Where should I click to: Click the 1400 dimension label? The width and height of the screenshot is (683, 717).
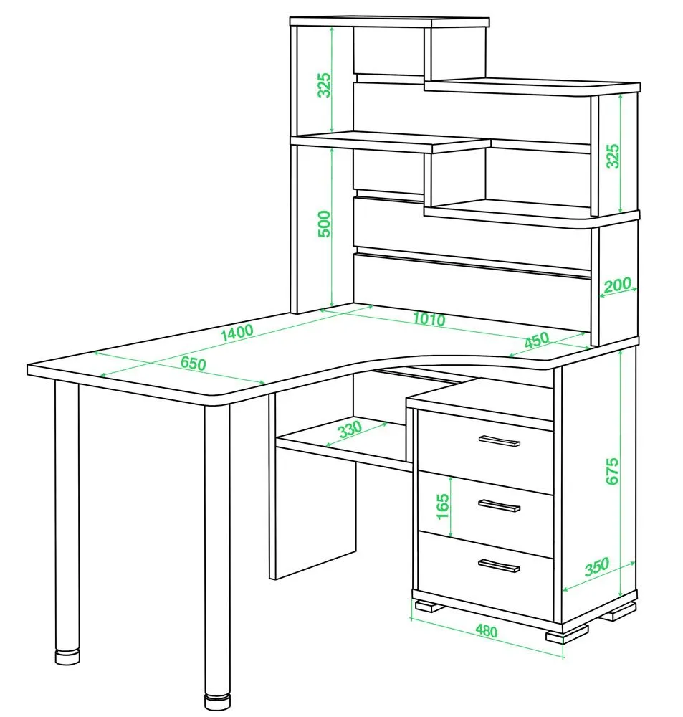coord(237,333)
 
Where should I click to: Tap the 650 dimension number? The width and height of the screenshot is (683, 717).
coord(194,363)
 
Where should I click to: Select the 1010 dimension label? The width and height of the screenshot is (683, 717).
coord(429,319)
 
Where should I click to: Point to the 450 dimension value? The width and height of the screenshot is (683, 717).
coord(536,340)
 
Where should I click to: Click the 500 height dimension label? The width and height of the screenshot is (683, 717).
coord(324,224)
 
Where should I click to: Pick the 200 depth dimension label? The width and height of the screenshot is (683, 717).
coord(617,285)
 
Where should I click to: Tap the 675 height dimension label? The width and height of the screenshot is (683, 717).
coord(612,471)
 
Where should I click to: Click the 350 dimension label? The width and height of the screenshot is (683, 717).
coord(597,566)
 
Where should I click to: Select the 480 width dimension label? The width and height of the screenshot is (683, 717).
coord(486,630)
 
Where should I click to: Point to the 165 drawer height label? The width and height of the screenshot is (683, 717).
coord(442,506)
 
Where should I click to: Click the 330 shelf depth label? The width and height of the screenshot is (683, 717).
coord(350,429)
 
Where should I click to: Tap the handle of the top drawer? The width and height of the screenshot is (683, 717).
coord(500,440)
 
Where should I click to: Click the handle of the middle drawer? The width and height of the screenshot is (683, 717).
coord(500,505)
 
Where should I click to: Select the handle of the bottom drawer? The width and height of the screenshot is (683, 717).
coord(499,565)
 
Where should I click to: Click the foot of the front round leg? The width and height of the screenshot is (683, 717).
coord(217,701)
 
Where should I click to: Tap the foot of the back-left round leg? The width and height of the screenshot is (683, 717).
coord(67,656)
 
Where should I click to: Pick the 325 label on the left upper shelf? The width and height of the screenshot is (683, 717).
coord(324,85)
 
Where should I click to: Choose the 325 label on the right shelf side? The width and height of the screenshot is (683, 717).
coord(613,156)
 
